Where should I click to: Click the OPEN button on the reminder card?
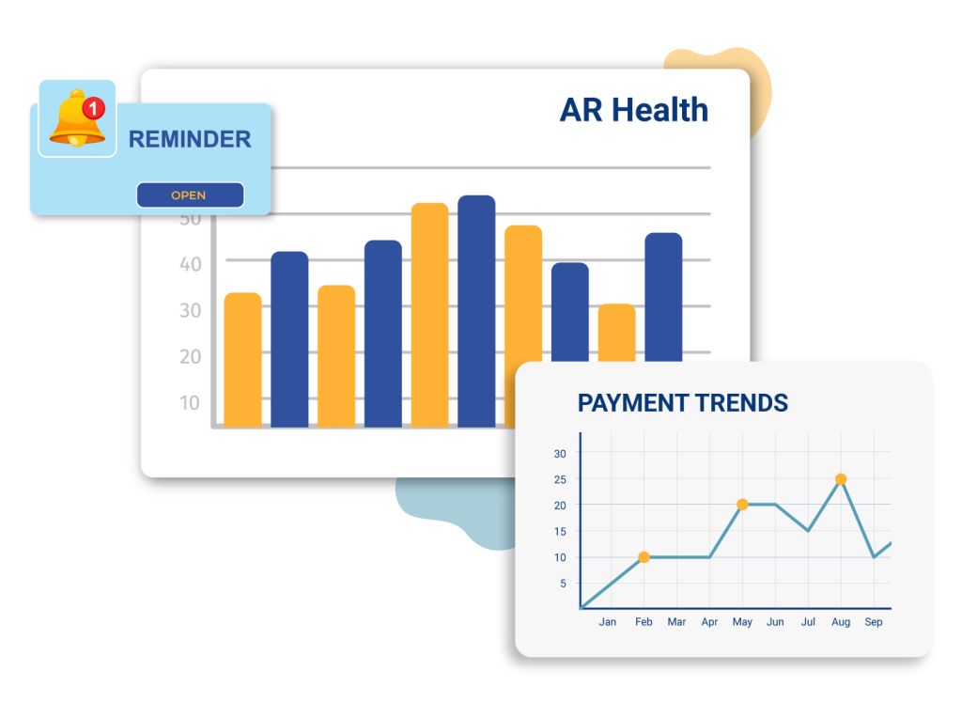[x=190, y=195]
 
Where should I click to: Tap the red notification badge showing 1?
[x=93, y=109]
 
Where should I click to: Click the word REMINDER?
[x=190, y=139]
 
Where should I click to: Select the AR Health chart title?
[x=634, y=110]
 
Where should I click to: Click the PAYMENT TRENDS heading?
[x=682, y=403]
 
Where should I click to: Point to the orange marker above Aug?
[x=841, y=479]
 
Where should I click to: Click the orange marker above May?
[x=742, y=505]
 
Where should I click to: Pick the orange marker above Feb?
[x=644, y=557]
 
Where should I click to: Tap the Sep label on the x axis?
[x=873, y=622]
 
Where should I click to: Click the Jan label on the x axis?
[x=608, y=622]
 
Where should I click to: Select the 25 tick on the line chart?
[x=560, y=479]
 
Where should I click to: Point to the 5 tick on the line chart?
[x=563, y=584]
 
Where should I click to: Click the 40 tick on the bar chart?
[x=190, y=265]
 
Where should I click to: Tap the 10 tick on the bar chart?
[x=190, y=403]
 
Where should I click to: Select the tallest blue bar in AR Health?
[x=476, y=311]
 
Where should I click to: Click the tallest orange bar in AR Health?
[x=429, y=315]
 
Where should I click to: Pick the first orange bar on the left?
[x=243, y=360]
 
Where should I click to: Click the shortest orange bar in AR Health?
[x=616, y=332]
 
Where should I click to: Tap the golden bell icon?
[x=77, y=118]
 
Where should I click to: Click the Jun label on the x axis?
[x=775, y=622]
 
